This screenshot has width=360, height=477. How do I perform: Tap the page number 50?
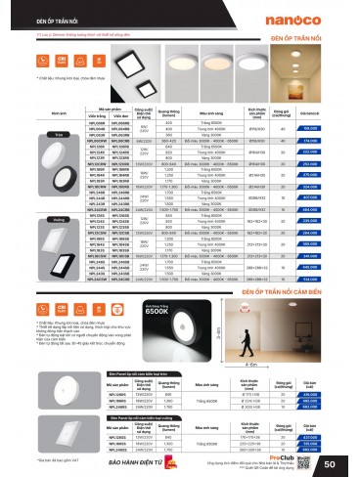[345, 461]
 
